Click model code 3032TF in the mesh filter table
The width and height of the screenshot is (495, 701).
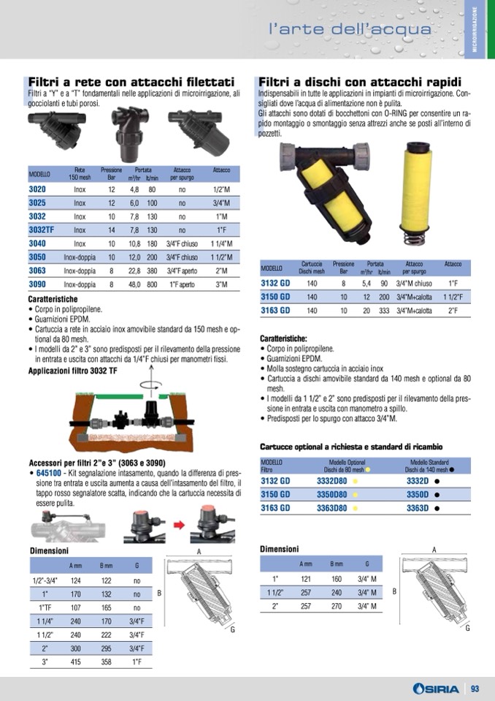[x=41, y=230]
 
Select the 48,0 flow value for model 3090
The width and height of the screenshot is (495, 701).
[x=135, y=284]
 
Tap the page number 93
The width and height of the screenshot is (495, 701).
[x=475, y=689]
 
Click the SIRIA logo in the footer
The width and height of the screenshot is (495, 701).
[x=436, y=689]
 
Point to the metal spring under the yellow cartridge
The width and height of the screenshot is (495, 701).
[x=415, y=235]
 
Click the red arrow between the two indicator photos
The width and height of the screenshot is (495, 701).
[x=179, y=524]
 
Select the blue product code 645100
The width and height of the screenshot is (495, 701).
[x=49, y=473]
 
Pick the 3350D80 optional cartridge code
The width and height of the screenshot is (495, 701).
[x=331, y=494]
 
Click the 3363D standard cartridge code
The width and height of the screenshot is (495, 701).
[x=418, y=508]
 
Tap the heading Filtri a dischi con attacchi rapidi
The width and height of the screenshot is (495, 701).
[x=360, y=83]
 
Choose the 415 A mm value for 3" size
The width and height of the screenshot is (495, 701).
[x=75, y=662]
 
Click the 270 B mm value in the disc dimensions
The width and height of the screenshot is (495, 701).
[x=337, y=606]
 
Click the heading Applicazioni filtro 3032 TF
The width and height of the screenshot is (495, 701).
[x=73, y=371]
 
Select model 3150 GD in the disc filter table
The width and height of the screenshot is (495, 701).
[x=275, y=297]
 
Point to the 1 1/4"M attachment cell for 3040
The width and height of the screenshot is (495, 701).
[x=221, y=243]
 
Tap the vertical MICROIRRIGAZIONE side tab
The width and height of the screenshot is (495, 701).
[x=475, y=29]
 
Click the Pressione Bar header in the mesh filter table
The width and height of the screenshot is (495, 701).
[x=111, y=174]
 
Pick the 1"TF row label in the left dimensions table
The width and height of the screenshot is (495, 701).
[x=45, y=607]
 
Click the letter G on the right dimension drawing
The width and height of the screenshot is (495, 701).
[x=468, y=628]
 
